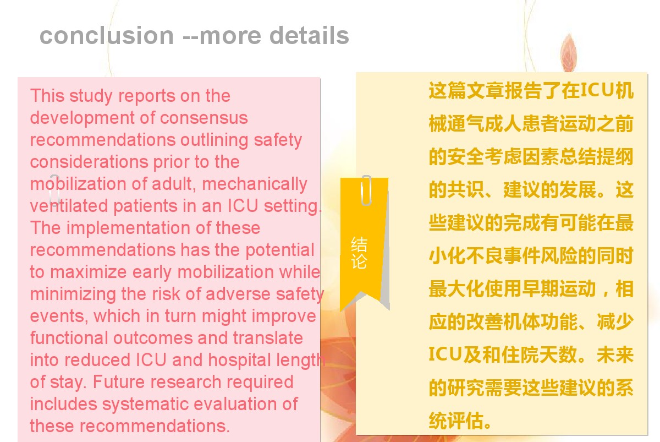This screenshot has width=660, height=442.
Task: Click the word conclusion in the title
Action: pos(106,35)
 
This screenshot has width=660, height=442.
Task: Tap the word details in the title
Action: pos(309,35)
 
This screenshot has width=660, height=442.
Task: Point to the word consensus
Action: pos(204,118)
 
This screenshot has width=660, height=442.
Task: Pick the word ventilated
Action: pos(69,206)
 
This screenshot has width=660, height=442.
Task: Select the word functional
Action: pos(69,338)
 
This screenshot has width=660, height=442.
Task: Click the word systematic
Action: pos(146,405)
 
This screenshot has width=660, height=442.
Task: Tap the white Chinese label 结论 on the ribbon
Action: pos(359,253)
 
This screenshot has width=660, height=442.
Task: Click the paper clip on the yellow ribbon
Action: pos(366,190)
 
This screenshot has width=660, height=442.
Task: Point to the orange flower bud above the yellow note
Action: pos(568,53)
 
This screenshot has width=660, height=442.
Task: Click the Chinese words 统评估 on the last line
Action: pos(457,421)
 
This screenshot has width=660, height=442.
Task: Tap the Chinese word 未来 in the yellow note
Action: pos(615,354)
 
